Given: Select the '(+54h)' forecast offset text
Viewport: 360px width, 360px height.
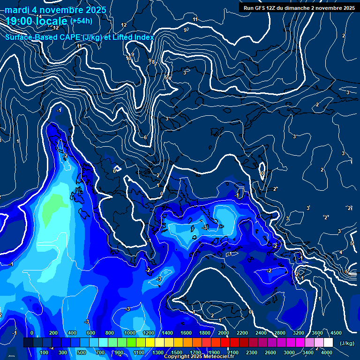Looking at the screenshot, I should click(x=81, y=21).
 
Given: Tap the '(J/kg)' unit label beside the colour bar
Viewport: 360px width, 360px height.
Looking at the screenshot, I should click(x=346, y=344).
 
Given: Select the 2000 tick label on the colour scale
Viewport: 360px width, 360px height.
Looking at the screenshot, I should click(x=224, y=333).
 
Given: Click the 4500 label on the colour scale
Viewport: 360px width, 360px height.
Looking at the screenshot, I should click(x=336, y=333).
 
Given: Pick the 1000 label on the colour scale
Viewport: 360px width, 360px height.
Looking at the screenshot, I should click(x=130, y=333).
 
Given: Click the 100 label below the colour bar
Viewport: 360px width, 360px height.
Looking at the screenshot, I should click(x=45, y=352).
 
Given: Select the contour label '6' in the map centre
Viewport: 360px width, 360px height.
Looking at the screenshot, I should click(x=145, y=137).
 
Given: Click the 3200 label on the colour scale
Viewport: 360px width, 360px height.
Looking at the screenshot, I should click(x=299, y=333).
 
